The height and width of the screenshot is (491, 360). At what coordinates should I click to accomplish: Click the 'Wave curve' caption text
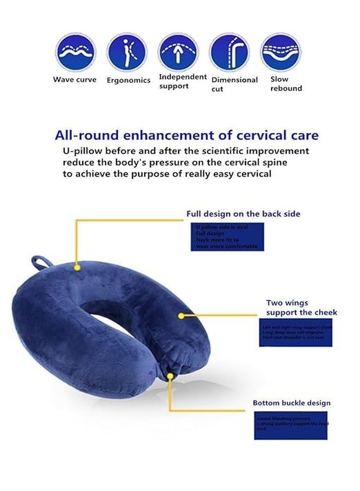coord(75,80)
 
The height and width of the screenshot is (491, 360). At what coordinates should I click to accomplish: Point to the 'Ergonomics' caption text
coord(128,80)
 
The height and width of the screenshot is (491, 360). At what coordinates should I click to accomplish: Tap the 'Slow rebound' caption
coord(286,83)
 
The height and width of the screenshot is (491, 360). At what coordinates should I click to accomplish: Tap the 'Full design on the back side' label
coord(243,214)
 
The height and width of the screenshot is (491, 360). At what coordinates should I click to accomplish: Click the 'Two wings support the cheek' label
coord(302,308)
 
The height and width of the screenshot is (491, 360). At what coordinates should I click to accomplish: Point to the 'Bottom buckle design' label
coord(291,403)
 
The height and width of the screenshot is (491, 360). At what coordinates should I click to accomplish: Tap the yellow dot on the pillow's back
coord(77,268)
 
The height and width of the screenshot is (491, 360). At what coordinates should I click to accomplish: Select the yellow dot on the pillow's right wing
coord(181,315)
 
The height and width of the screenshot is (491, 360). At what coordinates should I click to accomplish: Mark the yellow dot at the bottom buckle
coord(171,375)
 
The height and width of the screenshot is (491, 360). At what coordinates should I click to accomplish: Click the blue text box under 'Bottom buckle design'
coord(293,424)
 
